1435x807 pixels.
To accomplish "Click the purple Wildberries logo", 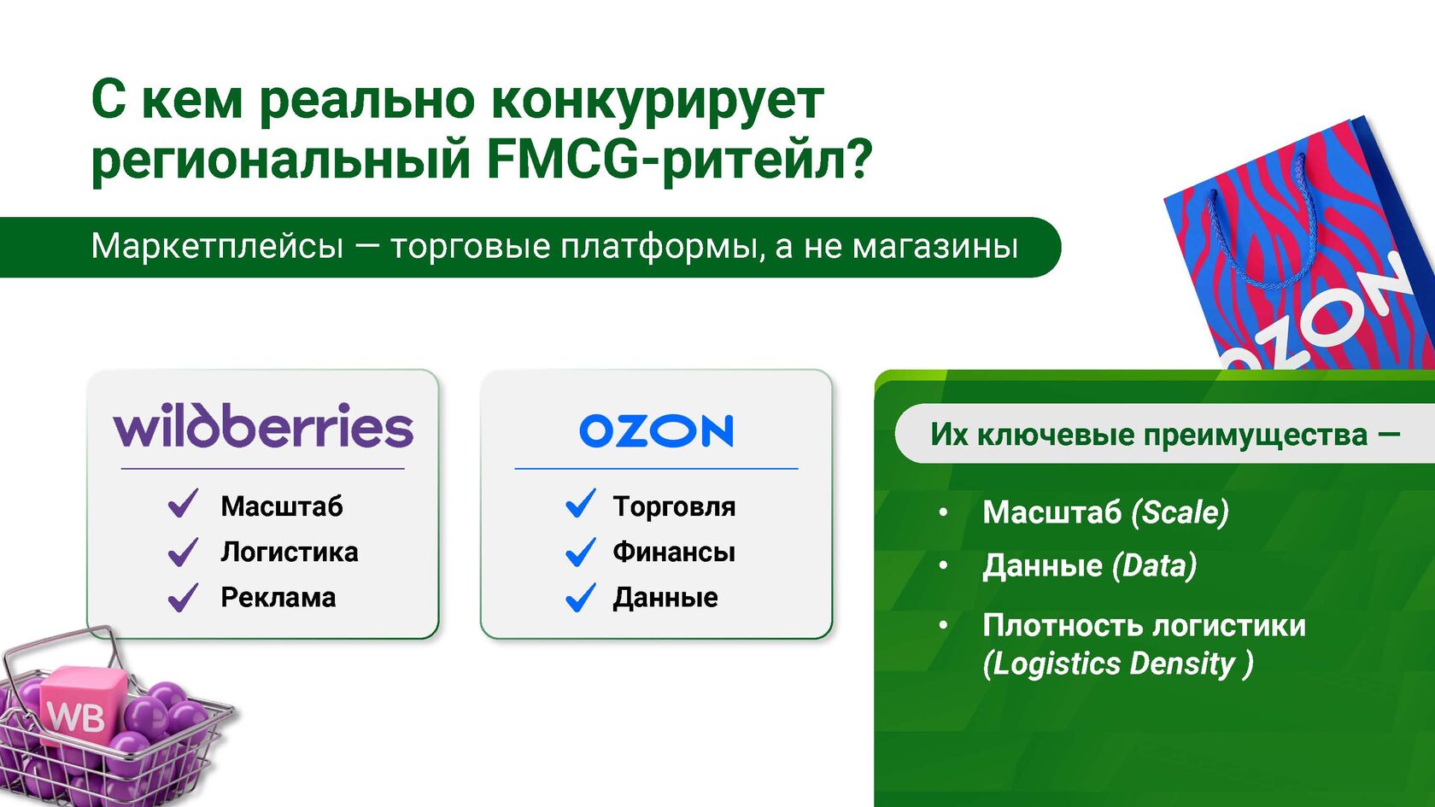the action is tap(263, 425).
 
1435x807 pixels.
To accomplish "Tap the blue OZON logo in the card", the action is tap(656, 431).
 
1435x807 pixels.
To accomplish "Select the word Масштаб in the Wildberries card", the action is tap(282, 506).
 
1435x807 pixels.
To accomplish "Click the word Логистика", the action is tap(290, 552).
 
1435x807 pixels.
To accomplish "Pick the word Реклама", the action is tap(278, 598).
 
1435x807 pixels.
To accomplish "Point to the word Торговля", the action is tap(674, 506).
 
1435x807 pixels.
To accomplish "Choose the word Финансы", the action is tap(674, 552).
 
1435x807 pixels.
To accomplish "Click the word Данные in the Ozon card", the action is tap(665, 598).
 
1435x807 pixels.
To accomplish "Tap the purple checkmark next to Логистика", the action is tap(183, 552).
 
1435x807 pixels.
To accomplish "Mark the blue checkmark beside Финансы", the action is tap(581, 552).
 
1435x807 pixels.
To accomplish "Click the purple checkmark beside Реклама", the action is tap(183, 598).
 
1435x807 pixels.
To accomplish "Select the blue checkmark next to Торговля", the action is tap(581, 504).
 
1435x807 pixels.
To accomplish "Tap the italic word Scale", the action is tap(1180, 512).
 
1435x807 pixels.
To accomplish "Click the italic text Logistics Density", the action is tap(1118, 664).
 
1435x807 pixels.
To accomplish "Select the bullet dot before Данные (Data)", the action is tap(943, 565).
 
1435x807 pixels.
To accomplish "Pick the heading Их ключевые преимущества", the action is tap(1149, 435).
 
